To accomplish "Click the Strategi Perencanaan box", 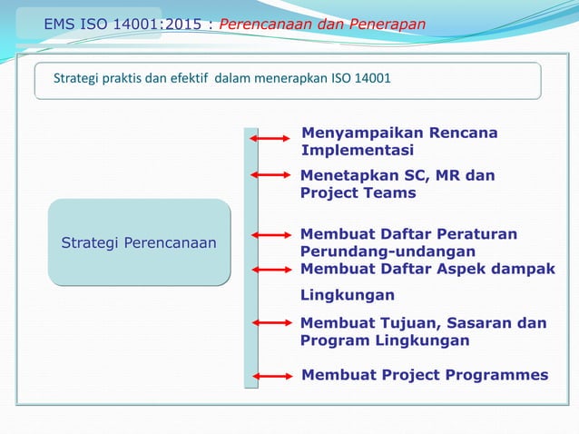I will tap(144, 242).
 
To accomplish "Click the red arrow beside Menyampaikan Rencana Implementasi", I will tap(269, 138).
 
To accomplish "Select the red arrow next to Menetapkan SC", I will tap(269, 173).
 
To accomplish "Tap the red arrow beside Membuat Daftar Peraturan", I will tap(269, 235).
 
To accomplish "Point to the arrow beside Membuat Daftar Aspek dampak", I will tap(269, 269).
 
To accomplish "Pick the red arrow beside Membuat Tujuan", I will tap(269, 321).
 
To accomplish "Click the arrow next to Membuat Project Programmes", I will tap(269, 375).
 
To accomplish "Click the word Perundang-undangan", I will tap(388, 251).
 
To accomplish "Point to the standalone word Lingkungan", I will tap(347, 295).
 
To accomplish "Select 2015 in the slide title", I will tap(181, 24).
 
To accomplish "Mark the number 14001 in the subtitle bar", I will tap(372, 79).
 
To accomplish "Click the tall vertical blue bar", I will tap(250, 258).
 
